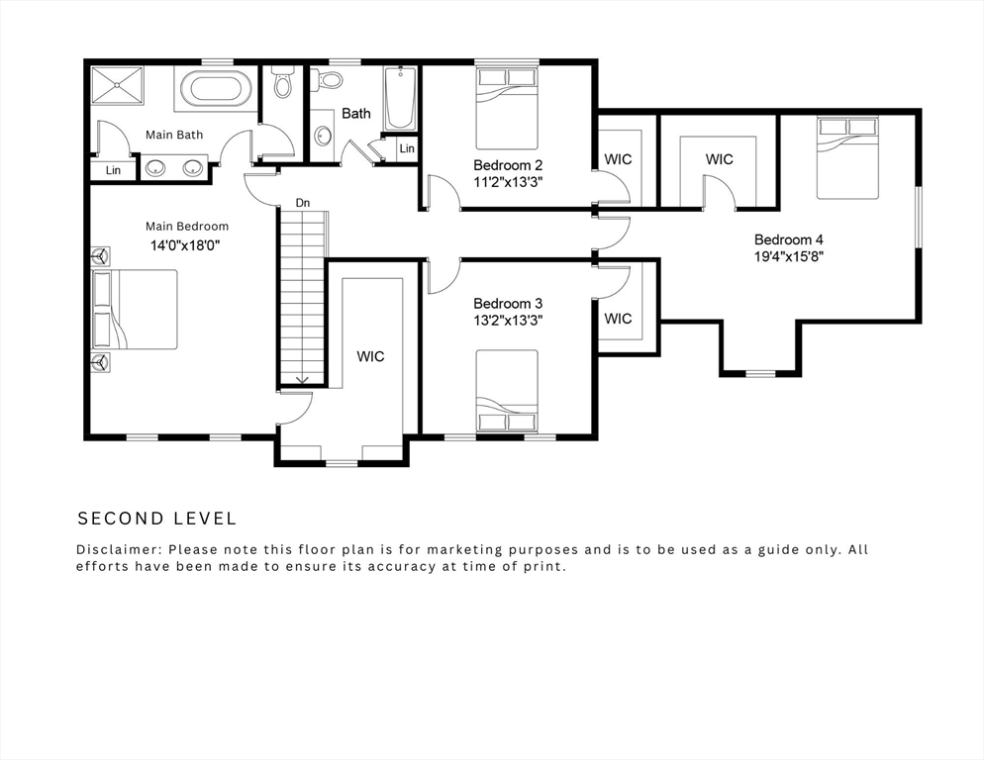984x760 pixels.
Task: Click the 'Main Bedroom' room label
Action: [186, 227]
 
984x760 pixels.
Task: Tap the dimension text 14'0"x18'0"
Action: [184, 244]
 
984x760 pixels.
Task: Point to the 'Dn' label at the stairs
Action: [303, 203]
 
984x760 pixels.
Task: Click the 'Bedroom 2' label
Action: [507, 164]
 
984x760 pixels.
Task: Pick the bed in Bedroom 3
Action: [507, 391]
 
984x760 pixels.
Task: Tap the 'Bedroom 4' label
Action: [788, 239]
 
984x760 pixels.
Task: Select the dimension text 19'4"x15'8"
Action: [788, 256]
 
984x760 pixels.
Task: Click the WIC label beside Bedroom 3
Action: [618, 319]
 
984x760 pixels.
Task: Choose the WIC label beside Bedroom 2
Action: [618, 159]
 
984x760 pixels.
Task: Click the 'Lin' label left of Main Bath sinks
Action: [114, 170]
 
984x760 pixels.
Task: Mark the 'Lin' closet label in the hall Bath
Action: [407, 148]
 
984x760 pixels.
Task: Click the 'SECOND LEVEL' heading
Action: [157, 519]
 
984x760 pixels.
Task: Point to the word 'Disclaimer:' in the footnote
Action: [119, 549]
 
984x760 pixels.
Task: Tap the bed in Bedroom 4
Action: [847, 157]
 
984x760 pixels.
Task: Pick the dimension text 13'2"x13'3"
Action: [507, 320]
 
